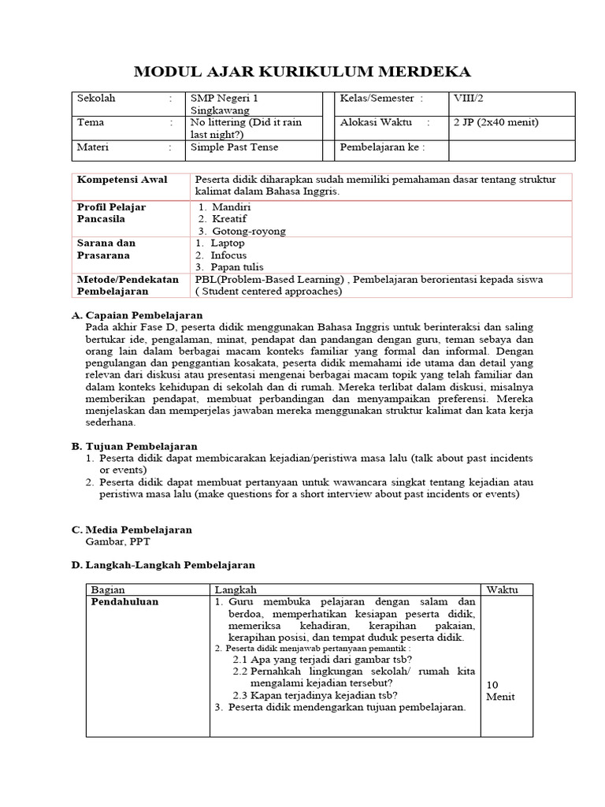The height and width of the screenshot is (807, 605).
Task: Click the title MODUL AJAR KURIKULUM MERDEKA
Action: (302, 73)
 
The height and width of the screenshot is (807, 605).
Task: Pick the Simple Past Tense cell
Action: (234, 147)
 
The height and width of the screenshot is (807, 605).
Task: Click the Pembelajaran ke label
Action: (382, 147)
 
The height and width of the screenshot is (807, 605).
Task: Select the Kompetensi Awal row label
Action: (112, 180)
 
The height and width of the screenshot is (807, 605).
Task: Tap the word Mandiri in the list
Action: (231, 206)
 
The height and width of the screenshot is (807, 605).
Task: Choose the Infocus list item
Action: (228, 255)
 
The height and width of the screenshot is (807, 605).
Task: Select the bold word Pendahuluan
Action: (124, 601)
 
